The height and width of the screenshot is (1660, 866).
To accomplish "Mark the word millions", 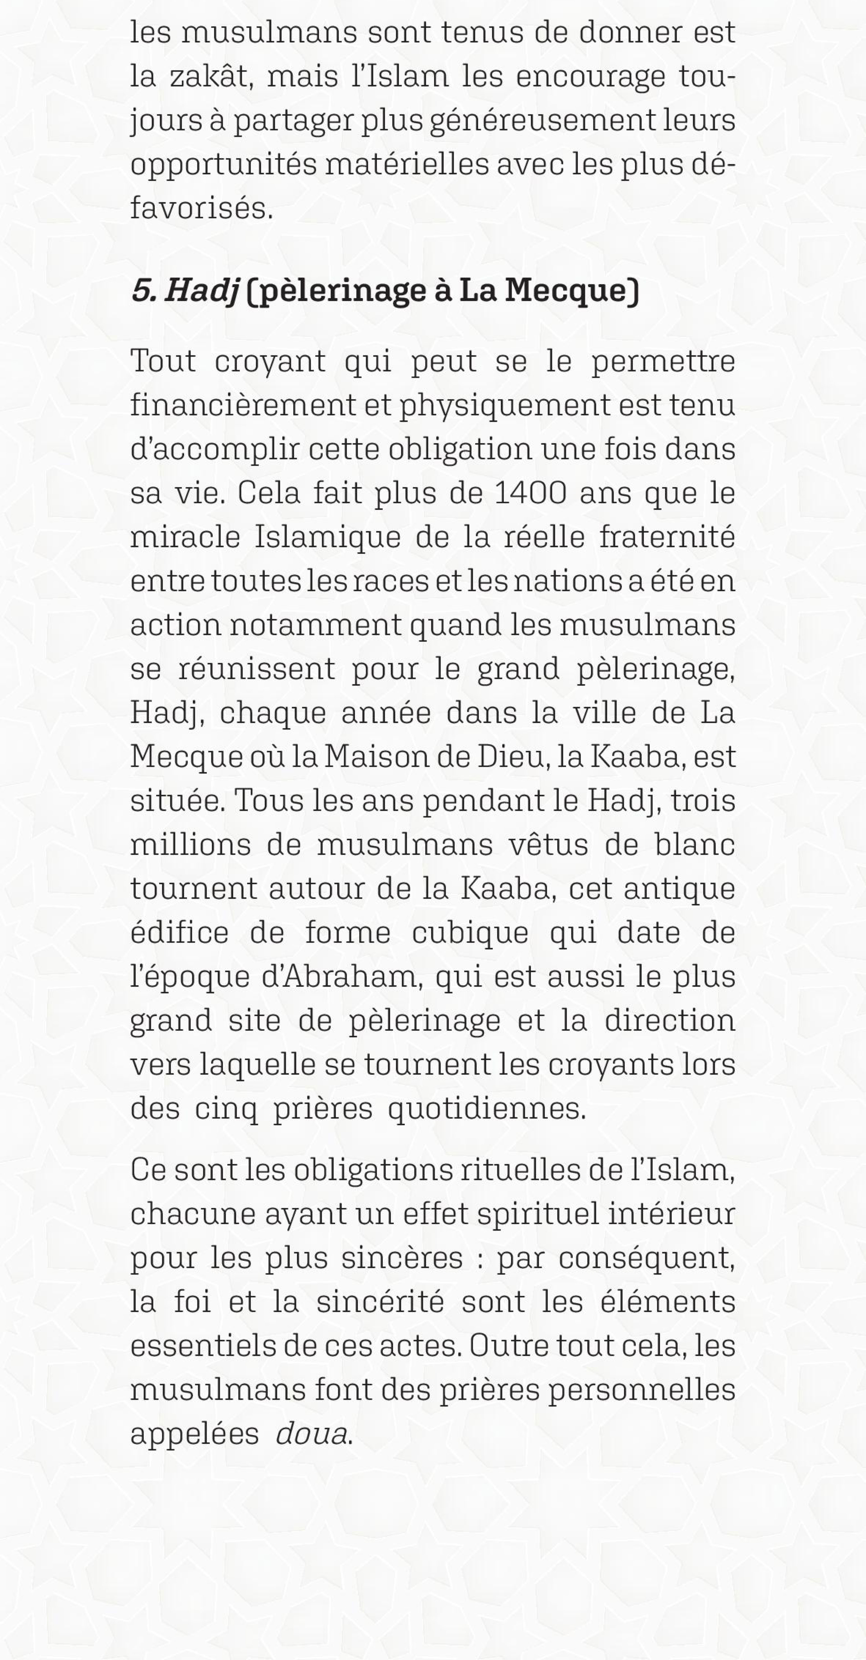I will click(190, 845).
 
